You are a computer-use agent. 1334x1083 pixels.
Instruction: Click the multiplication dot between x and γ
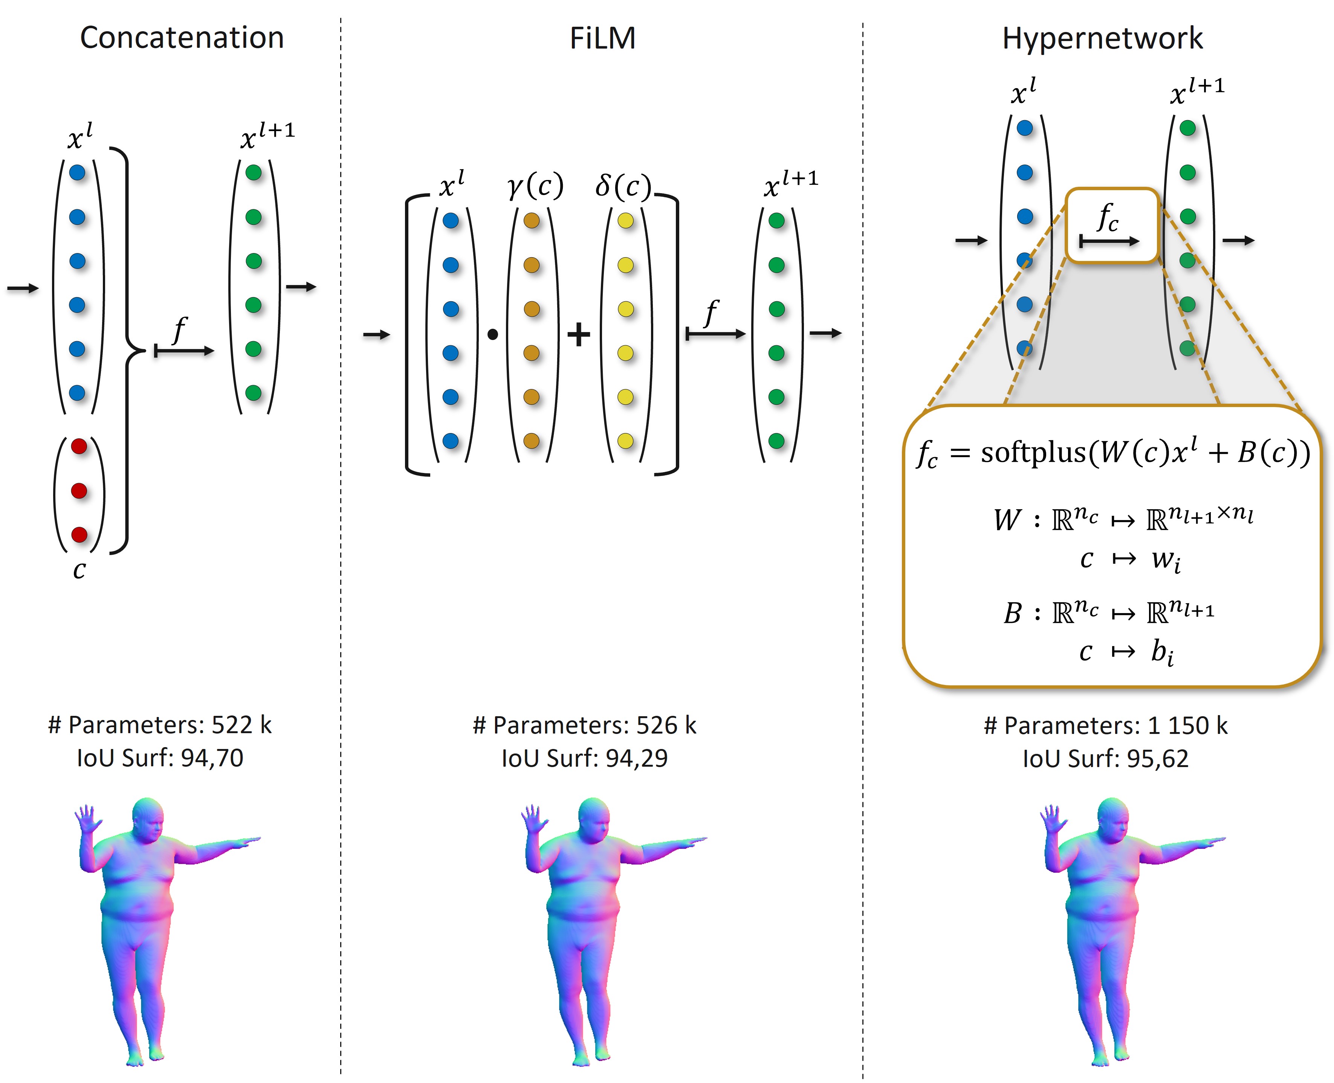(x=492, y=335)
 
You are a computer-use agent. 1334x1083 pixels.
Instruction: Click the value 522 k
(x=241, y=725)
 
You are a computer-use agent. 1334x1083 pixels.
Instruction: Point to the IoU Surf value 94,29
(x=636, y=758)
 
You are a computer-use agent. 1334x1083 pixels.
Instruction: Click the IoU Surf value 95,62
(x=1157, y=759)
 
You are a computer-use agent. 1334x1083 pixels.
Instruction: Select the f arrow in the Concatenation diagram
(x=184, y=351)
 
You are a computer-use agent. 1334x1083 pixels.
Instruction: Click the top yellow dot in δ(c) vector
(x=625, y=221)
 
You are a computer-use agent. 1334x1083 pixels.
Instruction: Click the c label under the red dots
(x=79, y=570)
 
